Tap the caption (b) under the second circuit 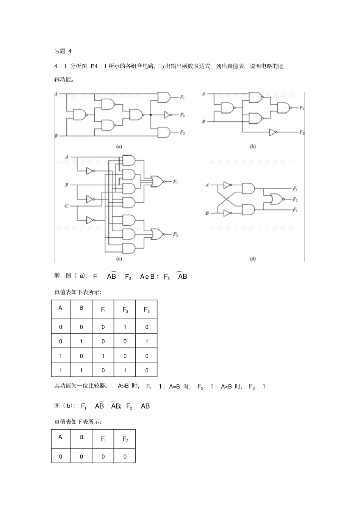click(x=253, y=146)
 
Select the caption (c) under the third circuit click(x=119, y=259)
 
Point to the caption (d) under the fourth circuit click(x=253, y=259)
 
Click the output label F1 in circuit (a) click(x=182, y=98)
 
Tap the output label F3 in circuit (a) click(x=182, y=132)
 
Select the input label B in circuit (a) click(x=56, y=136)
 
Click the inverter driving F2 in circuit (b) click(x=273, y=132)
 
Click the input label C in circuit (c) click(x=66, y=206)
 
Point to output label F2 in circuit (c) click(x=175, y=235)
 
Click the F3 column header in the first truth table click(x=147, y=310)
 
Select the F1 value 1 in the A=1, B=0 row click(x=103, y=356)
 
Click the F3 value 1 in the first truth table click(x=147, y=342)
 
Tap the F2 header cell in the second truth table click(x=125, y=439)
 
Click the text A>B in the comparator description click(x=124, y=386)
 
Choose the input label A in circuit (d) click(x=207, y=185)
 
